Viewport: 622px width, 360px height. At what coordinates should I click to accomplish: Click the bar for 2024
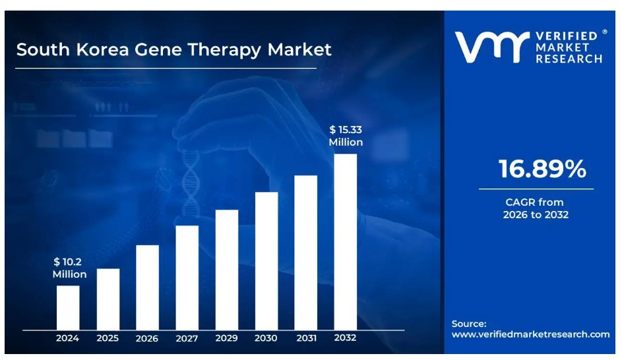pyautogui.click(x=68, y=307)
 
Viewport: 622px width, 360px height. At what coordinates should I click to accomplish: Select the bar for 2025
pyautogui.click(x=108, y=299)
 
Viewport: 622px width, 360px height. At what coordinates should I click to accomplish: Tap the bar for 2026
pyautogui.click(x=147, y=287)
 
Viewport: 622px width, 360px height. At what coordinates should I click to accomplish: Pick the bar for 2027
pyautogui.click(x=187, y=277)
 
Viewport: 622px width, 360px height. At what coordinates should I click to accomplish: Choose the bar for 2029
pyautogui.click(x=227, y=269)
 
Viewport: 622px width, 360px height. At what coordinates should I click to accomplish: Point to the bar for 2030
pyautogui.click(x=266, y=260)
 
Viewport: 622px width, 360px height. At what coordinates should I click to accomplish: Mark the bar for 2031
pyautogui.click(x=305, y=252)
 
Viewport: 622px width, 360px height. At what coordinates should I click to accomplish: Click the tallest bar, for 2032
pyautogui.click(x=346, y=241)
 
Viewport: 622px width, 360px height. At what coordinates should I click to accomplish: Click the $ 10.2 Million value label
pyautogui.click(x=69, y=268)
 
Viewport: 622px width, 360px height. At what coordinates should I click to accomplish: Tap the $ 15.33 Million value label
pyautogui.click(x=346, y=135)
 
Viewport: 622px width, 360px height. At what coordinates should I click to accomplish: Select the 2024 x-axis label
pyautogui.click(x=67, y=338)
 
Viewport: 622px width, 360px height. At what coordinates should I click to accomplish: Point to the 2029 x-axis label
pyautogui.click(x=226, y=338)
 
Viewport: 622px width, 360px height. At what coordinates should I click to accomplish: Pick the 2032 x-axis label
pyautogui.click(x=345, y=338)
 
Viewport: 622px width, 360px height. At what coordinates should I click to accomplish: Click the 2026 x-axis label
pyautogui.click(x=147, y=338)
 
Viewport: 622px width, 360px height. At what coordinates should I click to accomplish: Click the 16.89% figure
pyautogui.click(x=542, y=169)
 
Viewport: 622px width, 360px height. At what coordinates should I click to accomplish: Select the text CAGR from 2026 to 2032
pyautogui.click(x=535, y=208)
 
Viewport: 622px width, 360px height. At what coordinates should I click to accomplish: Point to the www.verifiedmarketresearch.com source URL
pyautogui.click(x=530, y=334)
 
